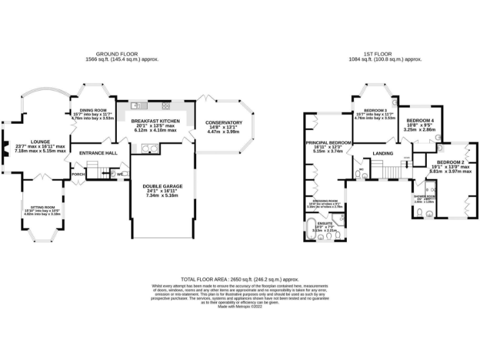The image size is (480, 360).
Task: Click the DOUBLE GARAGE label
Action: pyautogui.click(x=162, y=186)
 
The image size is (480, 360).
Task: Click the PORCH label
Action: pyautogui.click(x=78, y=174)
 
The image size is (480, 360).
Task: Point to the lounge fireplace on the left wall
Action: pyautogui.click(x=4, y=145)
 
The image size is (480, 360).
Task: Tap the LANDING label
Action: pyautogui.click(x=382, y=153)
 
